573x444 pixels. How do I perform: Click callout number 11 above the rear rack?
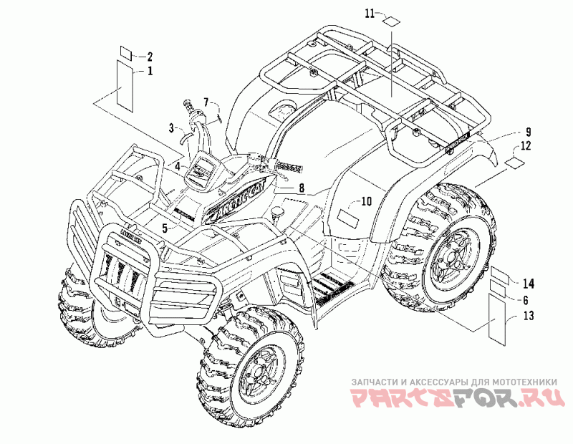369,14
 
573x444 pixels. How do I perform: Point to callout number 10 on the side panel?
365,202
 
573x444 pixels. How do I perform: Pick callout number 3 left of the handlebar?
172,127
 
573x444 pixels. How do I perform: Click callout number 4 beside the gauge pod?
175,166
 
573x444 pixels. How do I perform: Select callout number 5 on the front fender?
164,228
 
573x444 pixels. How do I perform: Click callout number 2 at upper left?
150,56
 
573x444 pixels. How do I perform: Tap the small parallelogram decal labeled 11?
390,20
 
